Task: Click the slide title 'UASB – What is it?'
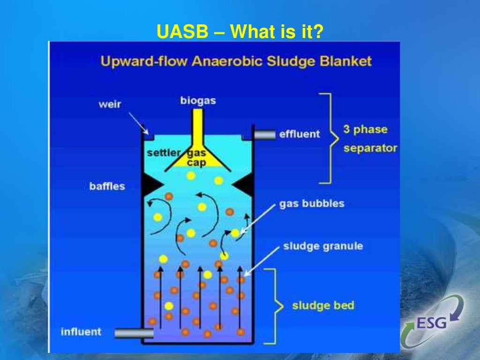click(240, 31)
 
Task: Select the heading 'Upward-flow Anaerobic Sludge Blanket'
click(236, 61)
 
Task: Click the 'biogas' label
click(198, 101)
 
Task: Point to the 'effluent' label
click(299, 135)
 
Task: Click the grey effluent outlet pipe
click(265, 135)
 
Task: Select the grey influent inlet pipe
click(134, 333)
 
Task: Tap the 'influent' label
click(81, 332)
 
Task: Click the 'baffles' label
click(107, 186)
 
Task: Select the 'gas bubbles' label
click(312, 204)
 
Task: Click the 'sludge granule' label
click(322, 247)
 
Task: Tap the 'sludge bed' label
click(323, 306)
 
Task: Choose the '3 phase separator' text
click(370, 139)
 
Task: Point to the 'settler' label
click(163, 153)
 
